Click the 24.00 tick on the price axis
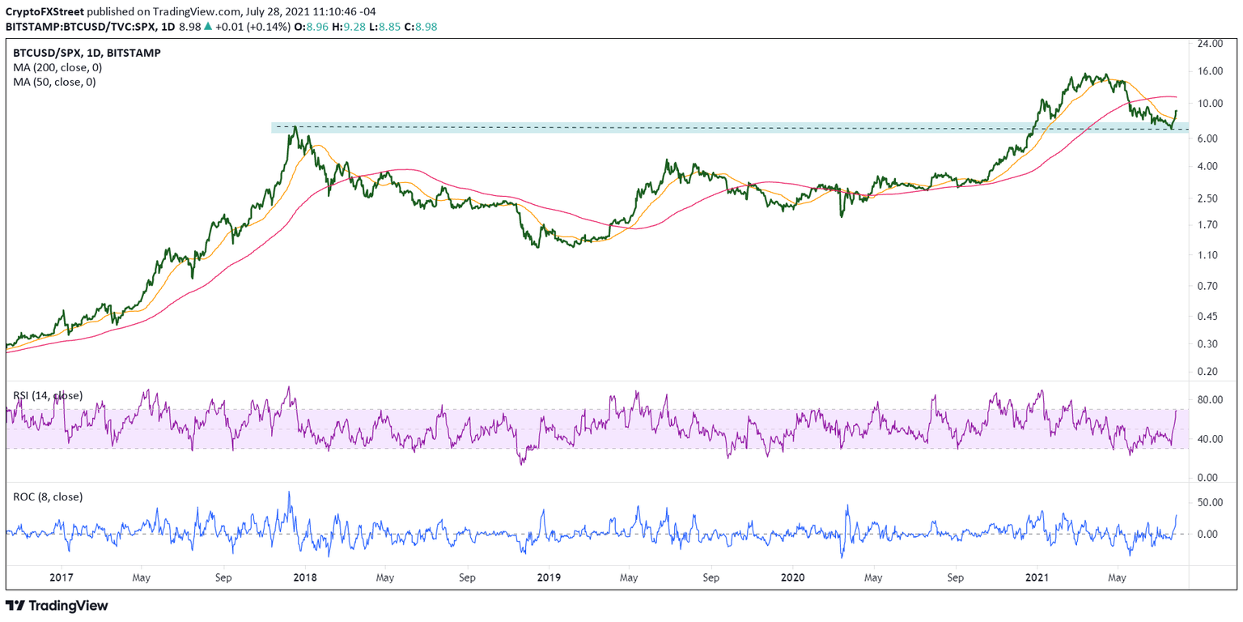pos(1215,45)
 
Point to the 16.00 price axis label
pos(1215,71)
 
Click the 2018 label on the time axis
pos(306,577)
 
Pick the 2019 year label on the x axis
pos(549,577)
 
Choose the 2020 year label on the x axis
pos(792,577)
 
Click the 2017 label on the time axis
pos(62,577)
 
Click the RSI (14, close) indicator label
pos(48,395)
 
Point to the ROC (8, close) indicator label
pos(48,496)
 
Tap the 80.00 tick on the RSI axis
pos(1215,400)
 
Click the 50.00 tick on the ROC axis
pos(1215,503)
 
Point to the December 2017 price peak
pos(296,126)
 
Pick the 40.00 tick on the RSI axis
pos(1215,440)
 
